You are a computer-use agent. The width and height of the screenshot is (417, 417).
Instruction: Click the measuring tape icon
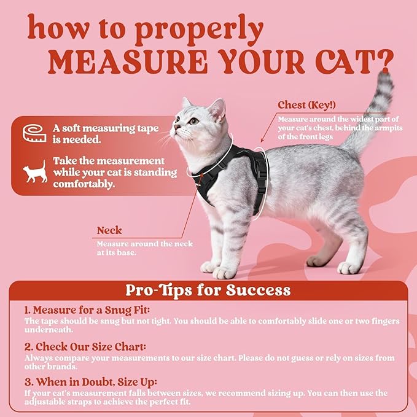[x=34, y=133]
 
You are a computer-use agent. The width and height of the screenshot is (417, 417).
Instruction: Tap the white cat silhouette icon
[x=34, y=171]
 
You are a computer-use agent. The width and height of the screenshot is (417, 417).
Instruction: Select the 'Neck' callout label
[x=109, y=231]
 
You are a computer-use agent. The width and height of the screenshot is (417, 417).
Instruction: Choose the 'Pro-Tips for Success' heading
[x=208, y=289]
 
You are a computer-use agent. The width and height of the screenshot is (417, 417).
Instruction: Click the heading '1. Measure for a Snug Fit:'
[x=87, y=310]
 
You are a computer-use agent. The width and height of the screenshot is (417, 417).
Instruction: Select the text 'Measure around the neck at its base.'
[x=144, y=247]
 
